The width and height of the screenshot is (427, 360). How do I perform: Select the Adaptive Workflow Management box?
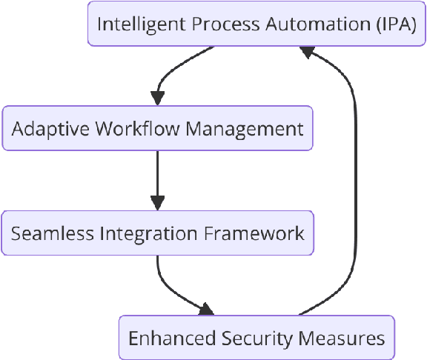pos(157,128)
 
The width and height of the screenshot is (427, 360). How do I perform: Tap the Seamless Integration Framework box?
pos(157,233)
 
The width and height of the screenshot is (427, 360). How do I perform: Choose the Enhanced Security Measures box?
pos(256,338)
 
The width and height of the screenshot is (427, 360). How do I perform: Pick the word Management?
pos(245,128)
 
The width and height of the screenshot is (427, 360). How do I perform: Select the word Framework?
pos(254,233)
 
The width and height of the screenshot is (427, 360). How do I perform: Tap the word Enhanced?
pos(172,339)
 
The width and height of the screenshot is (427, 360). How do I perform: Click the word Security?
pos(257,339)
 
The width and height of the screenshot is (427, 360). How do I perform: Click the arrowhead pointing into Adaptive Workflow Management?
pos(157,99)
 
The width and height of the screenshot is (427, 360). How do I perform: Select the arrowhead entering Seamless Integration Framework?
pos(157,203)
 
